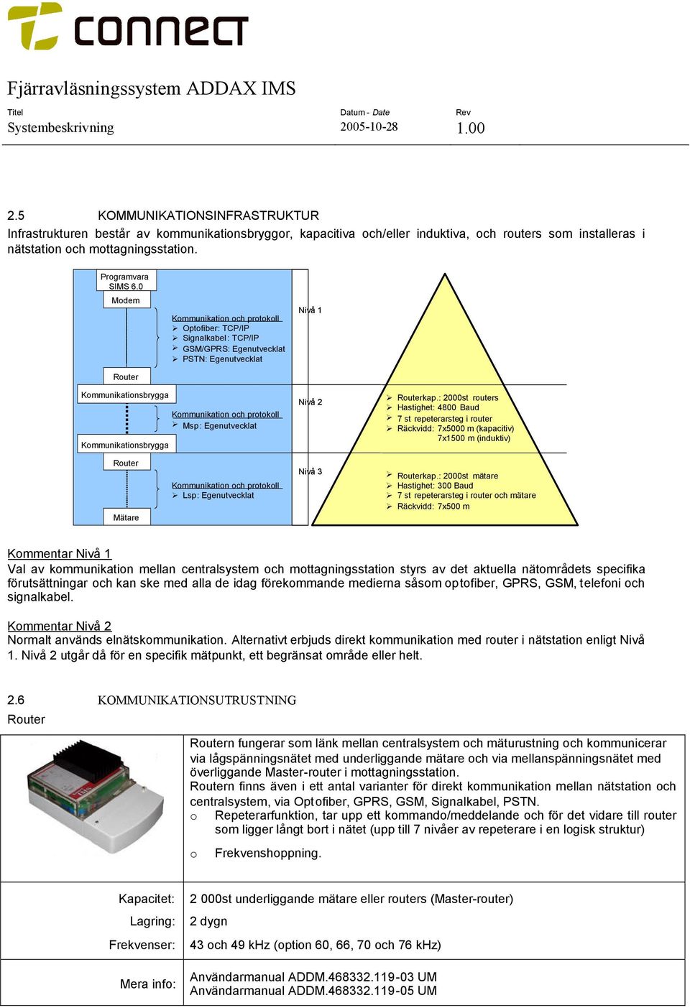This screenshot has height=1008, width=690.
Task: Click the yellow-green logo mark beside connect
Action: (x=35, y=26)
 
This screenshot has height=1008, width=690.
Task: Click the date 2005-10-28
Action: (x=369, y=126)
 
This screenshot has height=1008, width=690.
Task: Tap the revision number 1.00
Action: (x=470, y=128)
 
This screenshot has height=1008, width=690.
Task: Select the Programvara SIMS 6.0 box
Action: (x=126, y=281)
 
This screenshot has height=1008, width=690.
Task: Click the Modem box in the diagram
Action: (x=126, y=300)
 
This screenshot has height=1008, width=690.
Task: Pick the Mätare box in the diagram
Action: (x=126, y=517)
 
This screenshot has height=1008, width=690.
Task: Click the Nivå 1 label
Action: (x=310, y=310)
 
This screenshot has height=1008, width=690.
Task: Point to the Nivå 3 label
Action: (x=310, y=471)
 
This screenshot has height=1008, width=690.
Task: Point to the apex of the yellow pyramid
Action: (x=445, y=274)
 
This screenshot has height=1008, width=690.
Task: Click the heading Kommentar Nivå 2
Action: (x=60, y=626)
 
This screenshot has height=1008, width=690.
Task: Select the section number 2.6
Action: (x=16, y=700)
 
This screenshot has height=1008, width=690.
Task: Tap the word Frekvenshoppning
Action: (x=268, y=854)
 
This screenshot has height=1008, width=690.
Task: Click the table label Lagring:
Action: (x=152, y=921)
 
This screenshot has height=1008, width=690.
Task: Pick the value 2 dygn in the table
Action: (x=208, y=921)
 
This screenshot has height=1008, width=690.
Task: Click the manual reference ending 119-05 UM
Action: (x=313, y=991)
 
